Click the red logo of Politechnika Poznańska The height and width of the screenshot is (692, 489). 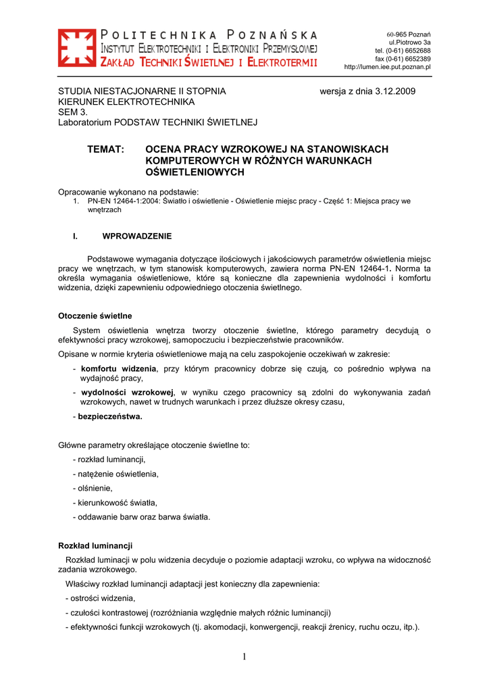pyautogui.click(x=76, y=48)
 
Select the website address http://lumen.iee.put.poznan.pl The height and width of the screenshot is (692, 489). pyautogui.click(x=387, y=67)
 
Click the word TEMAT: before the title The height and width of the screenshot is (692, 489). pyautogui.click(x=106, y=149)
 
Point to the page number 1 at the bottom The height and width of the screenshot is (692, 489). pyautogui.click(x=244, y=657)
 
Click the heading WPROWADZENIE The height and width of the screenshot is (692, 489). pyautogui.click(x=136, y=236)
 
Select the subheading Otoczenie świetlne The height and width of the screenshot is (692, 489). pyautogui.click(x=95, y=316)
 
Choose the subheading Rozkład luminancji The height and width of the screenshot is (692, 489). pyautogui.click(x=95, y=545)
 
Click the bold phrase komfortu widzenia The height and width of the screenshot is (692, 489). pyautogui.click(x=118, y=369)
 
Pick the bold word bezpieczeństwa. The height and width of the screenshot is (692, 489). pyautogui.click(x=110, y=417)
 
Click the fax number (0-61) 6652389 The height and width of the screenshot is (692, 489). pyautogui.click(x=411, y=59)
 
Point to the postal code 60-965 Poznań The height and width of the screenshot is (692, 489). pyautogui.click(x=409, y=34)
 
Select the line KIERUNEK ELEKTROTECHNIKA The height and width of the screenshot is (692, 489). pyautogui.click(x=126, y=101)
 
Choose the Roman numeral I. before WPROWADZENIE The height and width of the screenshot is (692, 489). pyautogui.click(x=75, y=236)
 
